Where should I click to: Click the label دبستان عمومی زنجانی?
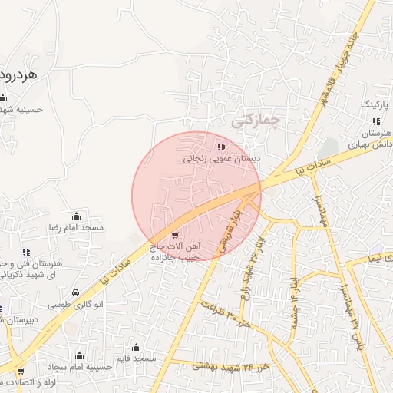pos(221,160)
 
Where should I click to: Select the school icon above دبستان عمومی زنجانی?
pos(221,147)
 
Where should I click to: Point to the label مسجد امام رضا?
pos(77,229)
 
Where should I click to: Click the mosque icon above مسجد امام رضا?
pos(76,216)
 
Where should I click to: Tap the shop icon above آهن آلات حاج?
pos(175,234)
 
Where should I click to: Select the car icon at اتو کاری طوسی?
pos(75,292)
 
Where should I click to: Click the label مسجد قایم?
pos(135,358)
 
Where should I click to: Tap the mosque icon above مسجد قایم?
pos(136,346)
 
